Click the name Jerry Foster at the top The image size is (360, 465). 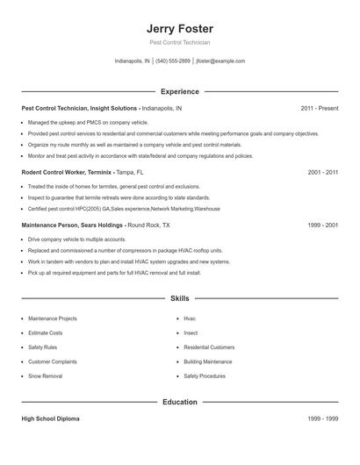tap(180, 28)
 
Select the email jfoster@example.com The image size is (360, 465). tap(220, 61)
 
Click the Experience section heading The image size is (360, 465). tap(180, 91)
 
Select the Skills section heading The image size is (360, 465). tap(180, 299)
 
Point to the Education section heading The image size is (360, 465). tap(180, 402)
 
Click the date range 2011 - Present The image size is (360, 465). tap(320, 108)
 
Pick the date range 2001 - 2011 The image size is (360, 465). tap(323, 173)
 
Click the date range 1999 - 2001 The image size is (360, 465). tap(323, 225)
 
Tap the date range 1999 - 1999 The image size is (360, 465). tap(323, 419)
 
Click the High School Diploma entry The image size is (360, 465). tap(50, 419)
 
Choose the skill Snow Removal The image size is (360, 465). tap(46, 376)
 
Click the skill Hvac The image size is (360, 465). tap(190, 318)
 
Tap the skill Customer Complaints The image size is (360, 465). tap(52, 361)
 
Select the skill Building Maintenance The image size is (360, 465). tap(208, 361)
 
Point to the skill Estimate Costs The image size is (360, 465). tap(46, 333)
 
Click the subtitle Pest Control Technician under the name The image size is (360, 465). tap(180, 42)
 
